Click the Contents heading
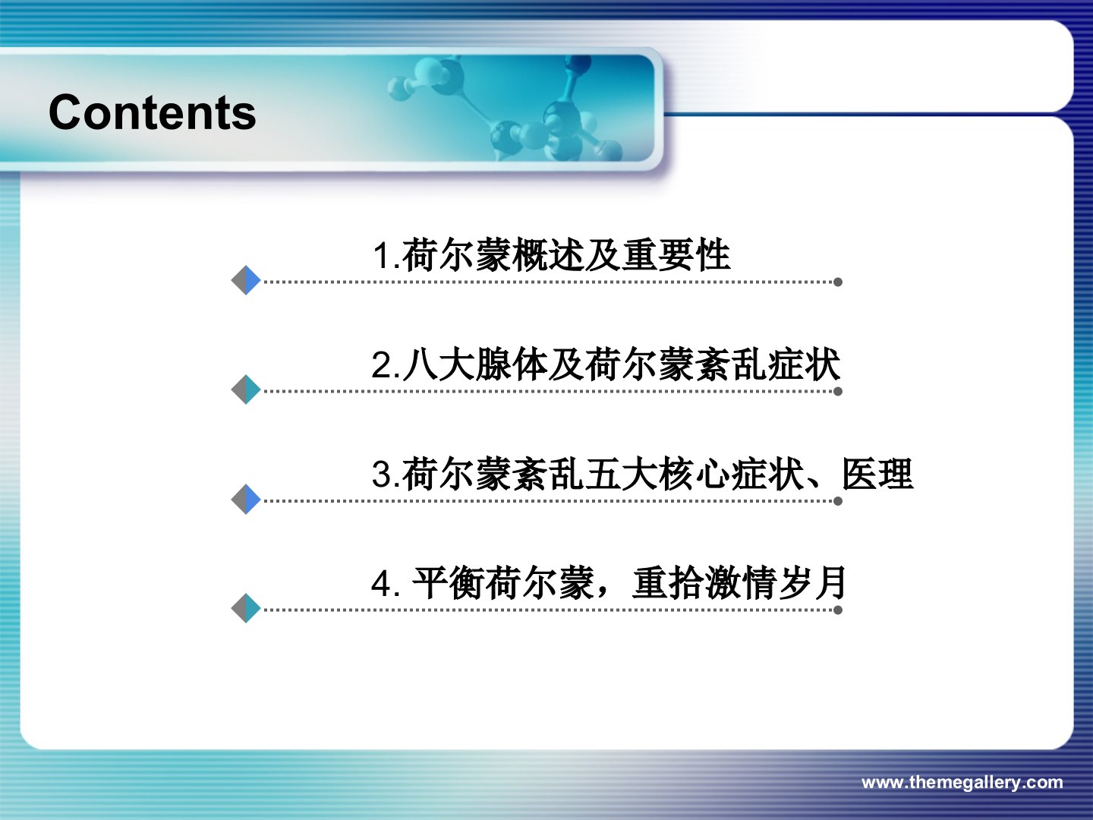153,112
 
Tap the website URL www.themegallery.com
962,782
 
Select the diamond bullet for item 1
246,280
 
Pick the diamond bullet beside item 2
246,389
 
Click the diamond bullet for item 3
246,499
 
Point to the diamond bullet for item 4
246,608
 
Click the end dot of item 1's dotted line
838,282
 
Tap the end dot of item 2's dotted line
838,391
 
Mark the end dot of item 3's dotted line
838,501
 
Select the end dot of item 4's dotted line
838,610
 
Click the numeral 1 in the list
383,256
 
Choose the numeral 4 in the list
382,584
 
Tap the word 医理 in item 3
877,474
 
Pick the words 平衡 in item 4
448,582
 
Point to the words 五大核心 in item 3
657,474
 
